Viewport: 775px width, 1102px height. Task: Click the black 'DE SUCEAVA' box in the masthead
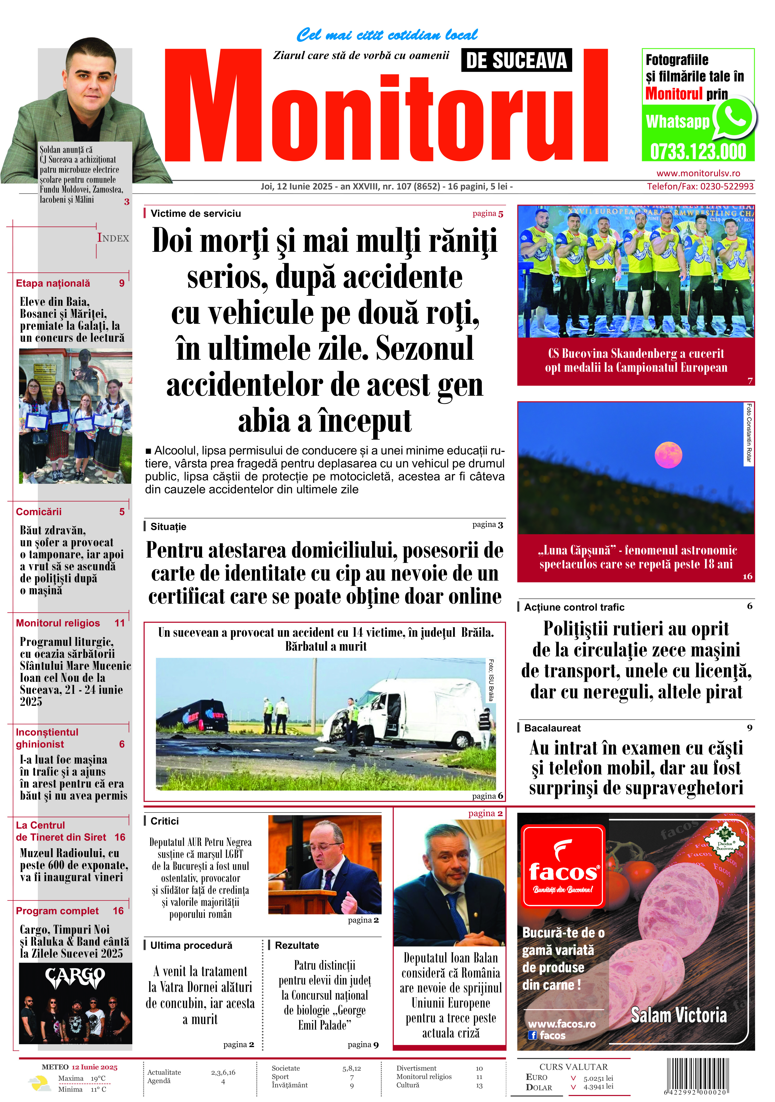pyautogui.click(x=516, y=60)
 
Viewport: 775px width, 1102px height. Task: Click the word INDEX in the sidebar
pyautogui.click(x=113, y=238)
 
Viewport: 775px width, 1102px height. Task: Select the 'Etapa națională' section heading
pyautogui.click(x=53, y=283)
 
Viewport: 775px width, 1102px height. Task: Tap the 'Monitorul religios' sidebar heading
pyautogui.click(x=58, y=623)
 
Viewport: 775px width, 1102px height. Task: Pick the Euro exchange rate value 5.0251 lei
pyautogui.click(x=598, y=1078)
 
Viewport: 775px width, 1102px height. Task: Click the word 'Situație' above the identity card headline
pyautogui.click(x=168, y=526)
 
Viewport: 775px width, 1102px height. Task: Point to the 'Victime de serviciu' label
pyautogui.click(x=196, y=214)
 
